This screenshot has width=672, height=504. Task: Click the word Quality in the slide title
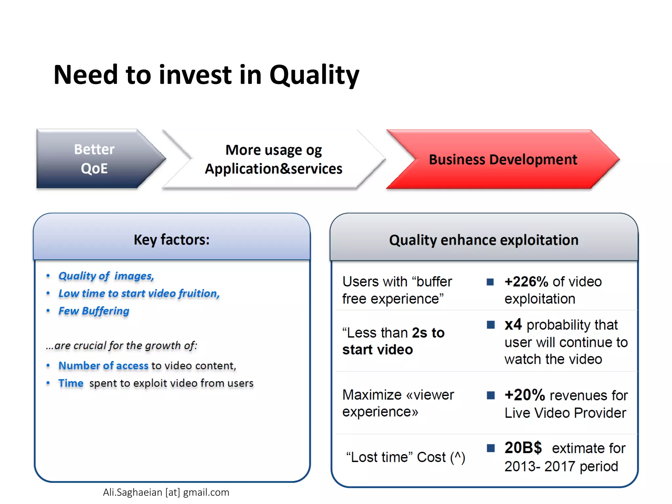[x=314, y=75]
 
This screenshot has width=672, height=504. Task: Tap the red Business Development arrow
[x=503, y=159]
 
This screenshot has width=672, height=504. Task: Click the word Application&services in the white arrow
[x=273, y=169]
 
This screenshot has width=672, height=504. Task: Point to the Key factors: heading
[x=171, y=240]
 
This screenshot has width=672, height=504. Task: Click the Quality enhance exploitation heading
[x=484, y=240]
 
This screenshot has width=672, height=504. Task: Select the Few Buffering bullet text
[x=94, y=311]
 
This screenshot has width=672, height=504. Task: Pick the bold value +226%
[x=526, y=282]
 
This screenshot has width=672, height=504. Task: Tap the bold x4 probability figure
[x=513, y=325]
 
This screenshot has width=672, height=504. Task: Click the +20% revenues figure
[x=524, y=395]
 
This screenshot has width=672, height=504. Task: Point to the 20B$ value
[x=523, y=448]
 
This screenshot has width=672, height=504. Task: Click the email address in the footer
[x=166, y=493]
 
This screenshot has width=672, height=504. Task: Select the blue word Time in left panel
[x=71, y=383]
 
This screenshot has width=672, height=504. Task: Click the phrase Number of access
[x=103, y=366]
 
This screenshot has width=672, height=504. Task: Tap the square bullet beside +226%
[x=490, y=282]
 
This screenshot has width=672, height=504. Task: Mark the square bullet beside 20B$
[x=491, y=448]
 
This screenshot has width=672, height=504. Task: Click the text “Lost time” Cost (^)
[x=406, y=457]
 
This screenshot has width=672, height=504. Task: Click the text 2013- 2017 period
[x=561, y=466]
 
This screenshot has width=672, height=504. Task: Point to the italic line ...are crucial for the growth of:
[x=121, y=346]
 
